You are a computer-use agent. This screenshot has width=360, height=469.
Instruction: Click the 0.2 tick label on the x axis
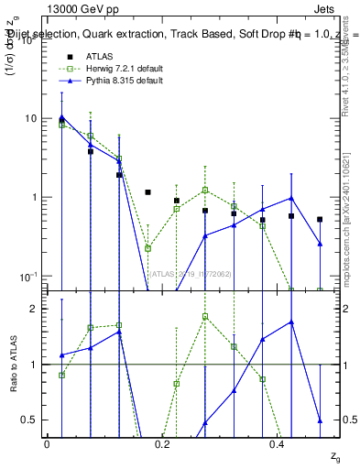pos(161,444)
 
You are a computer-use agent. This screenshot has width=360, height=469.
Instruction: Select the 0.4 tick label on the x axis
pos(277,444)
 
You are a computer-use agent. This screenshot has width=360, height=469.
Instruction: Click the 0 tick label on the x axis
pos(47,444)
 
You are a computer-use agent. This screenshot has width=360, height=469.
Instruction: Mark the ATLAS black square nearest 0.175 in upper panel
pos(147,192)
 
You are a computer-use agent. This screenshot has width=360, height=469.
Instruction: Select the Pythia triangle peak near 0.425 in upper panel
pos(291,198)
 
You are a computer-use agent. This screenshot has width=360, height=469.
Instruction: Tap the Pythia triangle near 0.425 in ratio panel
pos(291,322)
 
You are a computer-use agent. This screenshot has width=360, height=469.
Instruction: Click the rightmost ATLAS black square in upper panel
pos(320,220)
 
